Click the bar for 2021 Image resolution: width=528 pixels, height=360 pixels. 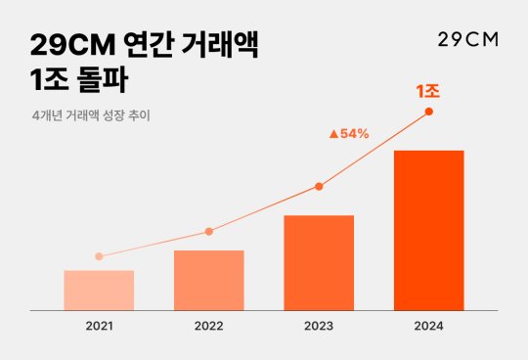click(99, 291)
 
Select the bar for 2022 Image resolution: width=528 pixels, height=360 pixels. click(208, 281)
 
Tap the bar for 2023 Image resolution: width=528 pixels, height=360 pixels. click(319, 263)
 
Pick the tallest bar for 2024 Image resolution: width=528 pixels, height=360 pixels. click(428, 231)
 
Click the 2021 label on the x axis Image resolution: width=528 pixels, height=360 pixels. click(99, 325)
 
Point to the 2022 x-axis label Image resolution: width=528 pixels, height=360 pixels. click(208, 325)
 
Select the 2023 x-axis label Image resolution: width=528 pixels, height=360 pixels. click(319, 325)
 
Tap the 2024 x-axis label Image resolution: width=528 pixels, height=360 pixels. click(428, 325)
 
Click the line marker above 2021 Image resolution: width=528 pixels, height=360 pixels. click(99, 256)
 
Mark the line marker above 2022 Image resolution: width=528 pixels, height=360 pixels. click(208, 232)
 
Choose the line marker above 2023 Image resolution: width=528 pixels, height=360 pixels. click(319, 186)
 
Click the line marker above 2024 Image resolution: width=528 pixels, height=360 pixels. click(428, 112)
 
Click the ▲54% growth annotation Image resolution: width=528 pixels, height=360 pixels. click(348, 133)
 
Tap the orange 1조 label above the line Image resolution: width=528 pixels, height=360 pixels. click(427, 91)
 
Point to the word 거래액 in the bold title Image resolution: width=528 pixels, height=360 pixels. click(226, 45)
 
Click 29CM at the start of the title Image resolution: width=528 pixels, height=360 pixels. click(72, 45)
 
